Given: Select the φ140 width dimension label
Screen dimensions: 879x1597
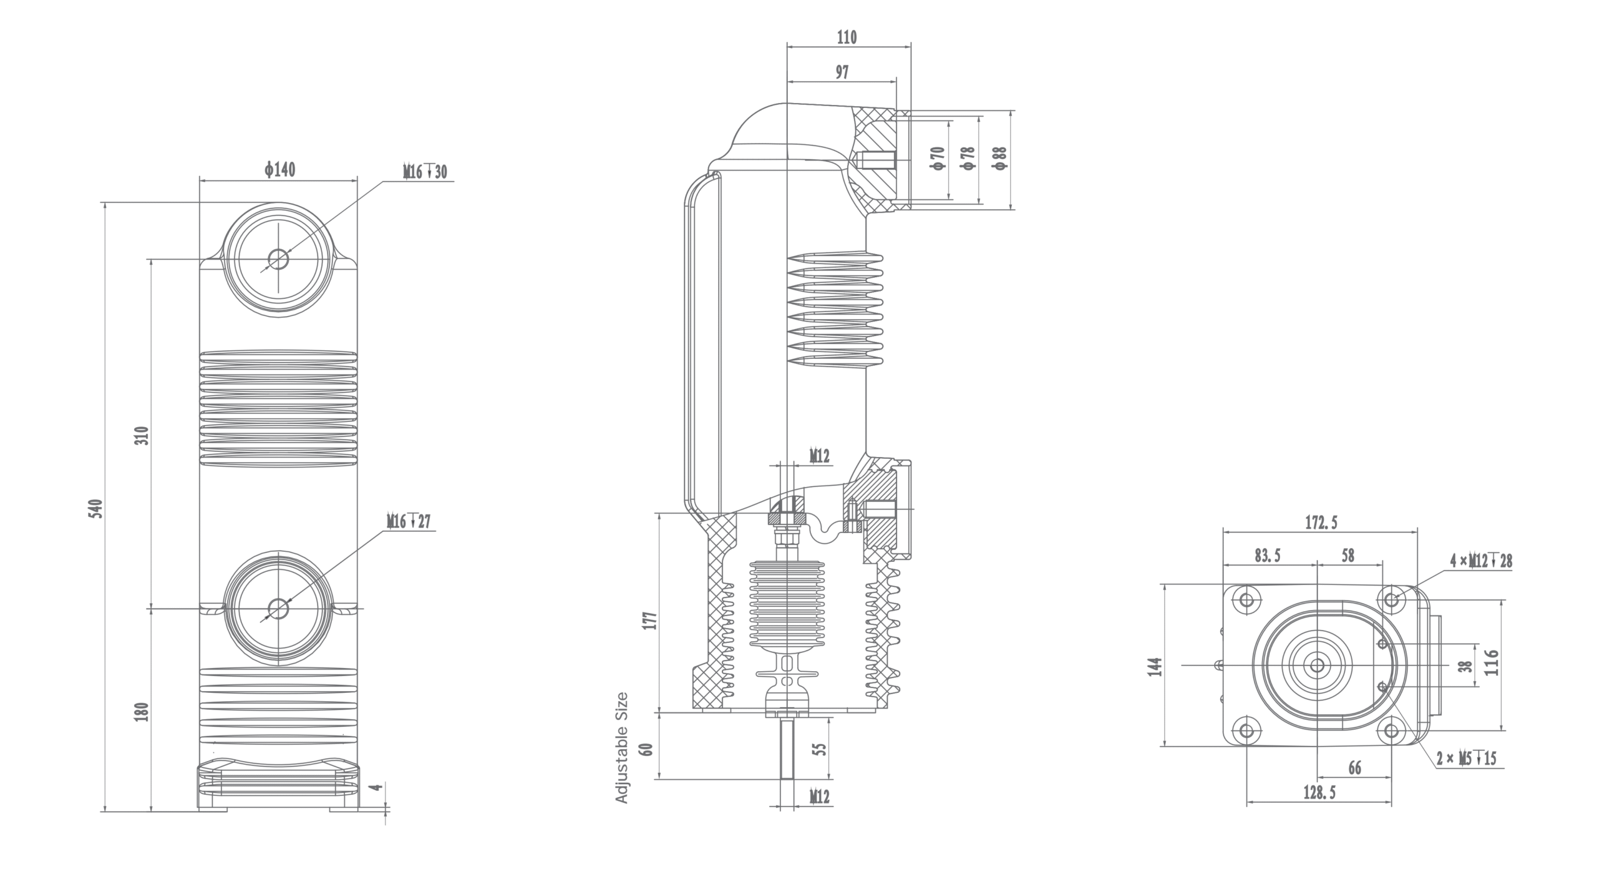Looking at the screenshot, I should (x=279, y=169).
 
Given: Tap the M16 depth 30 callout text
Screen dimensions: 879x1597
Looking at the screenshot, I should (x=425, y=172).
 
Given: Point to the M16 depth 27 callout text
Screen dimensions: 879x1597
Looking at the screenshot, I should (x=409, y=521).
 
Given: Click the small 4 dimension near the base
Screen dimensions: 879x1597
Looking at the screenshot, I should (x=376, y=787).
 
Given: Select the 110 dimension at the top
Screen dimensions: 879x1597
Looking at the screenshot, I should (x=847, y=37).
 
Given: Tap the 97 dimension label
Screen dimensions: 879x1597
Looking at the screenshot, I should (x=842, y=72).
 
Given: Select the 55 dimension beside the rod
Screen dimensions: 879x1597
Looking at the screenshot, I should (x=822, y=748).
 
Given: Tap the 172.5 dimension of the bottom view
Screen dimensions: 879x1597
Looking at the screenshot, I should (x=1321, y=523).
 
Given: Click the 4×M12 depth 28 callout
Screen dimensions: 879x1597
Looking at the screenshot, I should (x=1481, y=561).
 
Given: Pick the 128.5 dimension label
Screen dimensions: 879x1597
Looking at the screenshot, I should (x=1319, y=810).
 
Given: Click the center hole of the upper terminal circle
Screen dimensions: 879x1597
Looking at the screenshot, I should (x=279, y=258).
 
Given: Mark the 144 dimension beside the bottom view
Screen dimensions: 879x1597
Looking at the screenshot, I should (x=1155, y=666).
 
